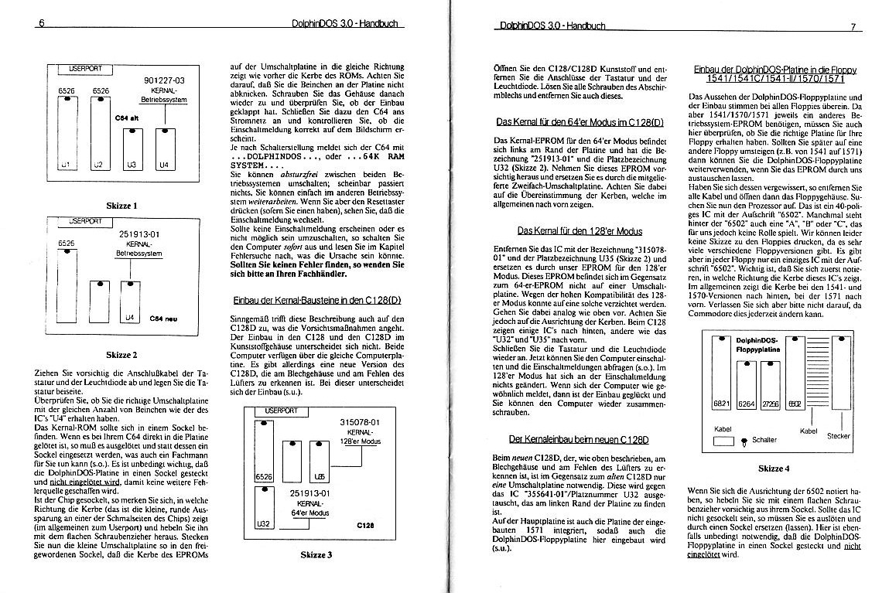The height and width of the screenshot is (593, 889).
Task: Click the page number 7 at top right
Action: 851,26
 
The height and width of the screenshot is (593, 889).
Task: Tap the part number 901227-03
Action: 164,80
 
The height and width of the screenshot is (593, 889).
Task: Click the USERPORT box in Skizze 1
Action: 85,70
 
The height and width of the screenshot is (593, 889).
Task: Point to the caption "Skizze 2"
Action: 121,355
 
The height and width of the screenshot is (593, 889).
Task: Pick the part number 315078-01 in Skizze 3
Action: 360,421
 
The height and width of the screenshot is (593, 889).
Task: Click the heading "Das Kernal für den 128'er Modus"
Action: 580,230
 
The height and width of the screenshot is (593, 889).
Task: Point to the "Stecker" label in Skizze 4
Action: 838,436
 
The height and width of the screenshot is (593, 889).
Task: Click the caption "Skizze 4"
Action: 774,469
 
